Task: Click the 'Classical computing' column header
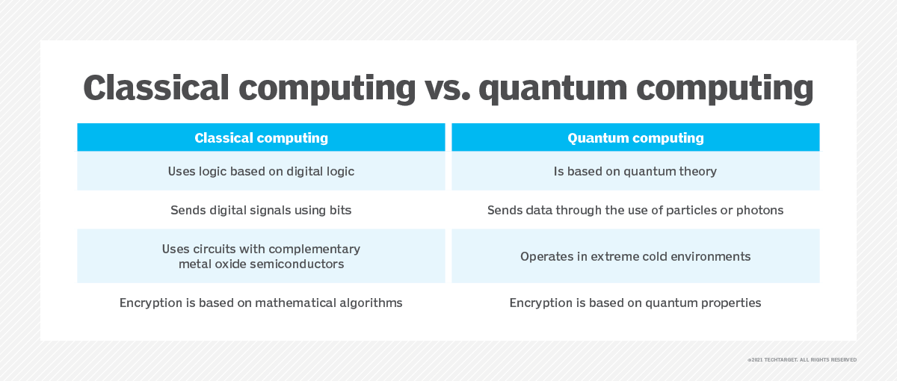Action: pyautogui.click(x=261, y=137)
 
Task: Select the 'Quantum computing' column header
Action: pyautogui.click(x=635, y=137)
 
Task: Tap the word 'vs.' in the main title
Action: pyautogui.click(x=447, y=87)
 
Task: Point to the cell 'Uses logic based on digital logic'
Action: pyautogui.click(x=261, y=171)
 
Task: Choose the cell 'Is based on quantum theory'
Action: pyautogui.click(x=635, y=171)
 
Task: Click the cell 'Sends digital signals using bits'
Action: pyautogui.click(x=261, y=210)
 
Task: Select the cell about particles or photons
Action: pyautogui.click(x=635, y=210)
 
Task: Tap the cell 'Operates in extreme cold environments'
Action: pyautogui.click(x=635, y=256)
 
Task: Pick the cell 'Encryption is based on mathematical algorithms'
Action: pyautogui.click(x=261, y=303)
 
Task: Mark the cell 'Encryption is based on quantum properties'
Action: pyautogui.click(x=635, y=303)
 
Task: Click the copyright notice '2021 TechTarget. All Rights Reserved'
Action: pyautogui.click(x=802, y=360)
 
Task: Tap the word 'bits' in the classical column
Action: pyautogui.click(x=340, y=210)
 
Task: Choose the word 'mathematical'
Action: pyautogui.click(x=295, y=303)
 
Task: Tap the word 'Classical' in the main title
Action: pyautogui.click(x=156, y=87)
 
